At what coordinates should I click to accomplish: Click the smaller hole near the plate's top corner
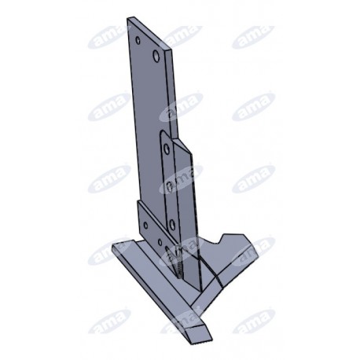tap(138, 40)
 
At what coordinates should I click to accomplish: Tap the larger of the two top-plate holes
tap(156, 55)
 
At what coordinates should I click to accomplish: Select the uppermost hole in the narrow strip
tap(166, 149)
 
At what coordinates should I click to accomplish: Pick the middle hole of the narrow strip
tap(169, 186)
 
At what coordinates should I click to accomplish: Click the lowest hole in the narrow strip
tap(172, 224)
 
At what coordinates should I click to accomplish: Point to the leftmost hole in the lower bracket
tap(145, 226)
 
